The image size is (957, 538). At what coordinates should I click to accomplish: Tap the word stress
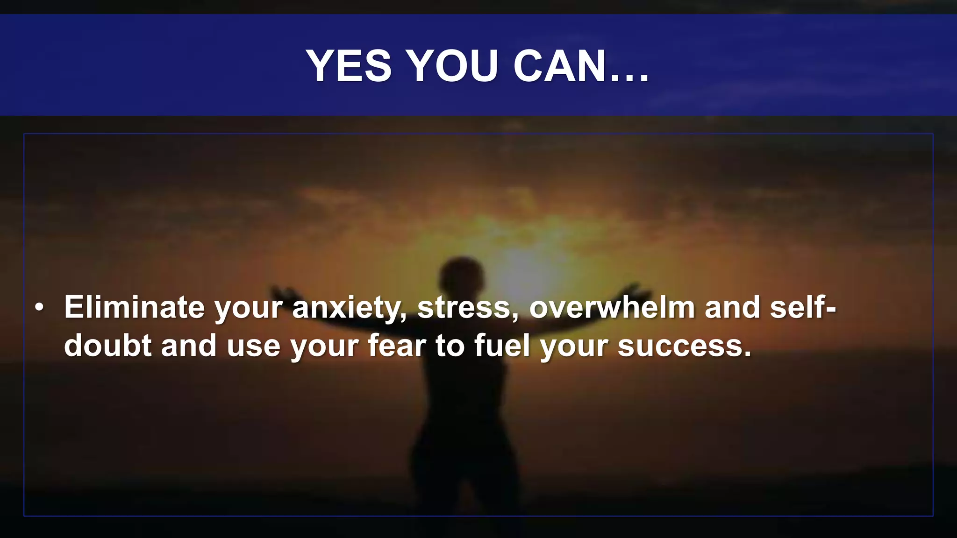[x=468, y=308]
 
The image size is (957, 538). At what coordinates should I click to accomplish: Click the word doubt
[x=107, y=346]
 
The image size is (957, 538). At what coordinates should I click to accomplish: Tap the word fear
[x=397, y=346]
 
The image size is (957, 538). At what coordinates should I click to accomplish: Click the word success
[x=684, y=347]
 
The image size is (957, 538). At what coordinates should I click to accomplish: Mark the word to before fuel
[x=450, y=346]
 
